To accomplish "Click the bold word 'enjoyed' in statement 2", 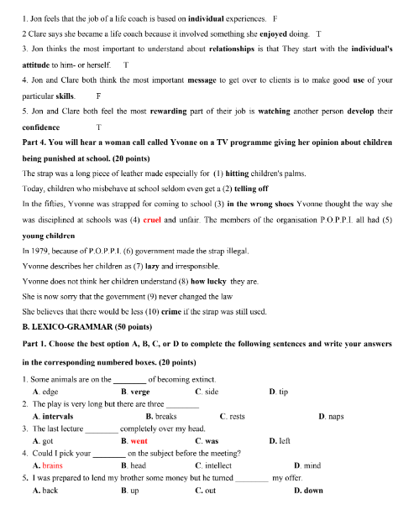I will (281, 34).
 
